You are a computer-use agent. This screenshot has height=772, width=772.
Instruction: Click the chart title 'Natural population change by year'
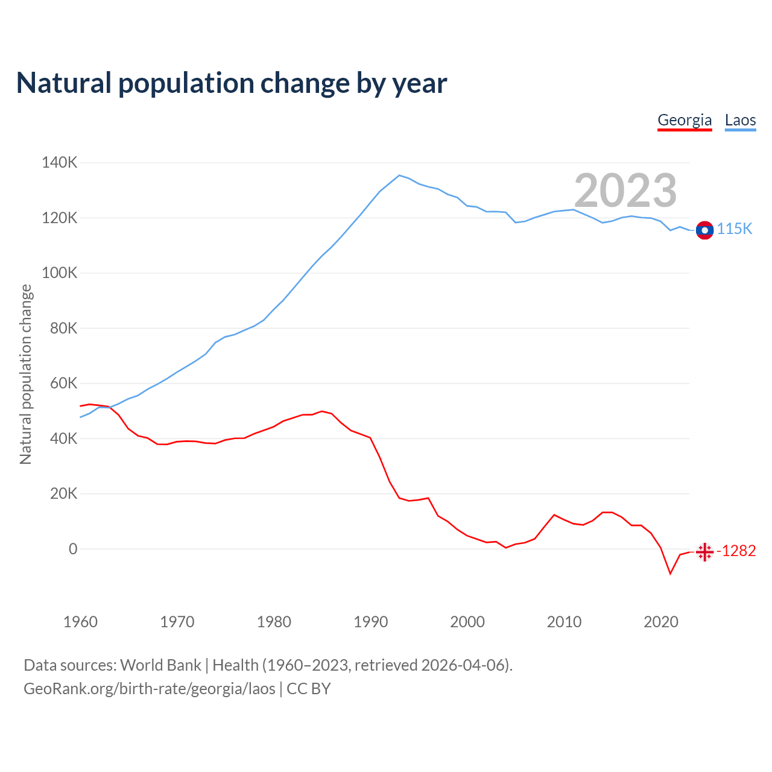(x=232, y=83)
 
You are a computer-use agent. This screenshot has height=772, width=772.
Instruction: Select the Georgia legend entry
(x=685, y=120)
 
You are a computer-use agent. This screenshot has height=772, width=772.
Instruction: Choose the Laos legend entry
(x=740, y=120)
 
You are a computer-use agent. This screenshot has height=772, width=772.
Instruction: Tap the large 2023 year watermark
(x=625, y=191)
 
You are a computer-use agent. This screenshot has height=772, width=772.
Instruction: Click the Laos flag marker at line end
(x=704, y=230)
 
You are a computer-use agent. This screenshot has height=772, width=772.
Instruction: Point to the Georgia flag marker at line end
(x=704, y=552)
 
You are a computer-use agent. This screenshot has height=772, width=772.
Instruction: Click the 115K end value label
(x=735, y=229)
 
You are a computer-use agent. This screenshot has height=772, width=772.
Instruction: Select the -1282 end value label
(x=736, y=551)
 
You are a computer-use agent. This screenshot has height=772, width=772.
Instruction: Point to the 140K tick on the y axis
(x=59, y=163)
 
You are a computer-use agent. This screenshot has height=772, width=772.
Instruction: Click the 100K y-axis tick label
(x=59, y=273)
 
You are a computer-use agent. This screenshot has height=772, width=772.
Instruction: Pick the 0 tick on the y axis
(x=73, y=549)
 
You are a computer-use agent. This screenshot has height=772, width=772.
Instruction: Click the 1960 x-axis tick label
(x=80, y=622)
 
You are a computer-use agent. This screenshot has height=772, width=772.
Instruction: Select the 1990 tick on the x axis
(x=371, y=622)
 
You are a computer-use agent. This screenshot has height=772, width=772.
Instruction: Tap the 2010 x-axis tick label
(x=564, y=622)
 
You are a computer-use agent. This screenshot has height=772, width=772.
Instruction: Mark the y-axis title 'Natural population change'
(x=26, y=374)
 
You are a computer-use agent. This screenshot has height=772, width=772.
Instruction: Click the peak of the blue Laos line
(x=399, y=176)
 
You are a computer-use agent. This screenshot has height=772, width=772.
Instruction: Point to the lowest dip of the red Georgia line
(x=670, y=573)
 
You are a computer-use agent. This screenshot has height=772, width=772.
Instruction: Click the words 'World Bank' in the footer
(x=160, y=665)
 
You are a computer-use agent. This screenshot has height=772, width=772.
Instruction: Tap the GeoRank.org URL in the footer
(x=150, y=689)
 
